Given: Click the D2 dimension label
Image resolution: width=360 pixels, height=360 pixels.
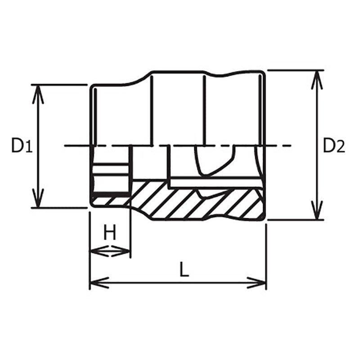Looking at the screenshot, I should [334, 145].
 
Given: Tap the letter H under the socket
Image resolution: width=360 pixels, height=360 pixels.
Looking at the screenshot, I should [110, 233].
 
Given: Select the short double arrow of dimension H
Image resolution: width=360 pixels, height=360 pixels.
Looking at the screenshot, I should [110, 251].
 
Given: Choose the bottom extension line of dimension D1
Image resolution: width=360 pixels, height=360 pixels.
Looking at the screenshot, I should [58, 208].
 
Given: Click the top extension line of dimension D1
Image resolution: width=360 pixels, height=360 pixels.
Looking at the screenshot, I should [58, 85].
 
